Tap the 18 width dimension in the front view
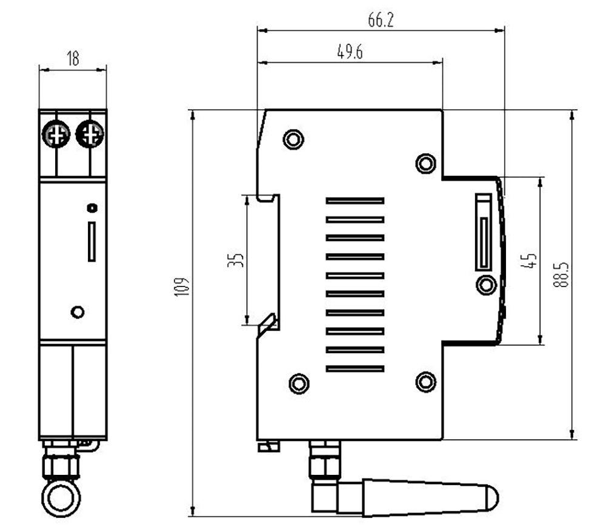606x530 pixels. tap(73, 59)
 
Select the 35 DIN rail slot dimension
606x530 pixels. tap(238, 260)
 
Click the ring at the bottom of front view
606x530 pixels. tap(61, 499)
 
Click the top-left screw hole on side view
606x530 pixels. tap(293, 139)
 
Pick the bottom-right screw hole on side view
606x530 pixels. tap(426, 381)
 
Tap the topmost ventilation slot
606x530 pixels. tap(355, 200)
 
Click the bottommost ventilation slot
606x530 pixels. tap(355, 368)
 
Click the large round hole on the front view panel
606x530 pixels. tap(77, 312)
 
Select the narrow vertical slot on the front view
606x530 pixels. tap(92, 241)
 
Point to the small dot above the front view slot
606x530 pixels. tap(92, 208)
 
